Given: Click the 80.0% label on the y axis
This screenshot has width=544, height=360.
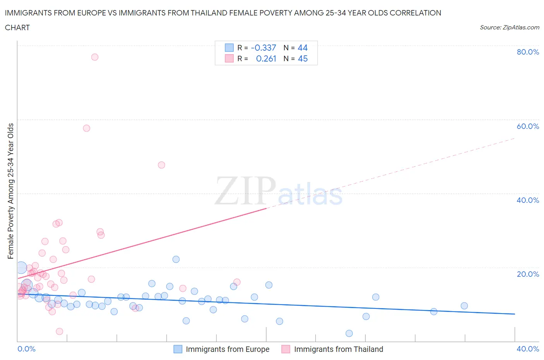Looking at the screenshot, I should pos(528,52).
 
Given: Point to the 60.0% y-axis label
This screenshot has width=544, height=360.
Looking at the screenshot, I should pos(528,126).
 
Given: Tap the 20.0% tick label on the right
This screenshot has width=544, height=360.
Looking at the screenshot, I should pos(528,274).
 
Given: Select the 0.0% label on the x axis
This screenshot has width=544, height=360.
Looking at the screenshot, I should pos(26,349).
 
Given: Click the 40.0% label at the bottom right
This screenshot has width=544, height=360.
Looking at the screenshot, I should pos(528,349).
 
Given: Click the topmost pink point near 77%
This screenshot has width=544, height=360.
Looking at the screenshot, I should pos(95,57).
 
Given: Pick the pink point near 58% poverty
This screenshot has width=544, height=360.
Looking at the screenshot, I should pos(87,128).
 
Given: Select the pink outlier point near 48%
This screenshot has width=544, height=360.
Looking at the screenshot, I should pos(162,165).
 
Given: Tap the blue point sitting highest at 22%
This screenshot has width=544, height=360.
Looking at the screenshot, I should pos(176,259).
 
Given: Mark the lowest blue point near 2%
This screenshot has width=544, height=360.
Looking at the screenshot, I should pos(349,333).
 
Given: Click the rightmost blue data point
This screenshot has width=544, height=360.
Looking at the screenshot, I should pos(464,306).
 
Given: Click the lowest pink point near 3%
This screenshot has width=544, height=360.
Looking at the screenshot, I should pos(60,331).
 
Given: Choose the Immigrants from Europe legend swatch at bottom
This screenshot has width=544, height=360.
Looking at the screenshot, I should pos(178,349).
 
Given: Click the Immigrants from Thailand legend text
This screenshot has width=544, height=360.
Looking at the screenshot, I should pos(339,349).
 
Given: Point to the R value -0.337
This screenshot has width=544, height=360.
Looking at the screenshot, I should pos(263,48).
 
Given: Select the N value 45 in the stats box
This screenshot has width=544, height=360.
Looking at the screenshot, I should pos(303,58).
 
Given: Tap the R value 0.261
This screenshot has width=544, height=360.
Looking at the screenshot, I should pos(266,58).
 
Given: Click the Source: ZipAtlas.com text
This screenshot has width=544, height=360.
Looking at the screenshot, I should pos(509,27).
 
